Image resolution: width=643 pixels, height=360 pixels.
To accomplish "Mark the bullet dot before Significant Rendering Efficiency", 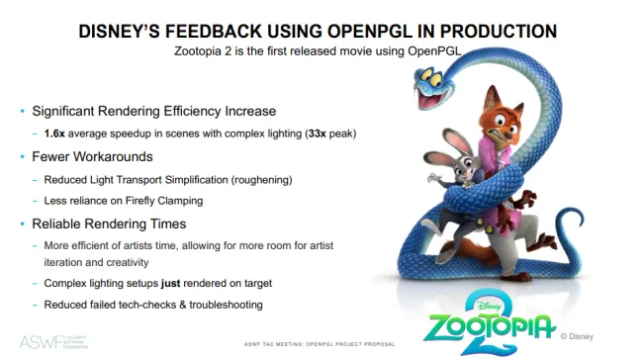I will [x=22, y=111].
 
